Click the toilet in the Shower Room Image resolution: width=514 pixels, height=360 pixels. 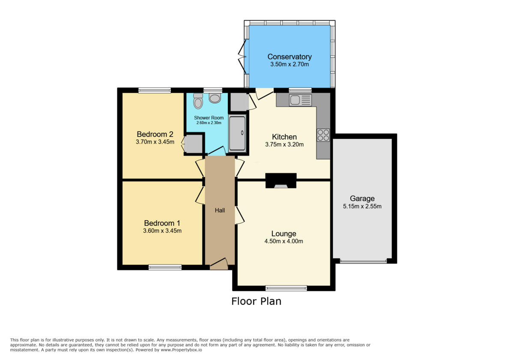(x=197, y=101)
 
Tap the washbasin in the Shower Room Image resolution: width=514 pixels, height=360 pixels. (x=214, y=98)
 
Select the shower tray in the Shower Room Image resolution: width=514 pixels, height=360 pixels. (x=237, y=133)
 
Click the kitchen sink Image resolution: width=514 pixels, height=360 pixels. (x=300, y=100)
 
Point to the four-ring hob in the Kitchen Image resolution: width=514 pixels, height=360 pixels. (x=323, y=135)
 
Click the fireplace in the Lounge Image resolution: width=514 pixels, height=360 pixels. (x=281, y=181)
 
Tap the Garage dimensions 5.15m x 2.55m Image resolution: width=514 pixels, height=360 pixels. (x=362, y=206)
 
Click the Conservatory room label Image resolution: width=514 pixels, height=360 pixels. (x=290, y=57)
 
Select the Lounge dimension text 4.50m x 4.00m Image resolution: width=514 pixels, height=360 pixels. (x=284, y=241)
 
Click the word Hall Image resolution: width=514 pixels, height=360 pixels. (x=220, y=210)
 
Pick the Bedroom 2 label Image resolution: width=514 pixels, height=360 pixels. (x=155, y=134)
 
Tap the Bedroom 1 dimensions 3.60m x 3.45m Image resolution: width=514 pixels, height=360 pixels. (x=162, y=231)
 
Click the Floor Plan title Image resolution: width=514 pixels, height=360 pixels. (x=256, y=301)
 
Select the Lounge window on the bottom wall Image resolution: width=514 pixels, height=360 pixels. (x=286, y=288)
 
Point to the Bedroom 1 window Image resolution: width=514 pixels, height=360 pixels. (x=165, y=267)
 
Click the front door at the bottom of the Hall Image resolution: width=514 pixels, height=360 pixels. (x=218, y=264)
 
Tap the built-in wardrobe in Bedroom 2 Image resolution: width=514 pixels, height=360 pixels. (x=193, y=144)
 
